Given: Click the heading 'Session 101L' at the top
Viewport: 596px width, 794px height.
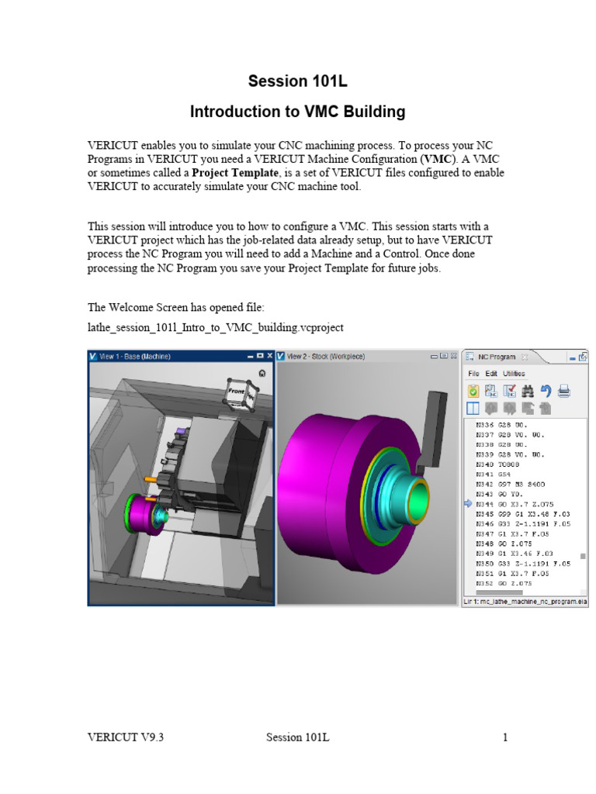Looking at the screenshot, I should click(297, 81).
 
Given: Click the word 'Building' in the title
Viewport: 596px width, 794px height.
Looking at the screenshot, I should click(369, 112).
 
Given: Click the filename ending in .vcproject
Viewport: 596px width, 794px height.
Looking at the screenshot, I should click(216, 328).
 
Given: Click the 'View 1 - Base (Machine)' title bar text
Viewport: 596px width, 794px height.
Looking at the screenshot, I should click(135, 357).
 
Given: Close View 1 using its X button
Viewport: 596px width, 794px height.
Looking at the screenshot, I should click(269, 356).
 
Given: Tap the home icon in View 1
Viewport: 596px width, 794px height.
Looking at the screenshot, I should click(263, 373).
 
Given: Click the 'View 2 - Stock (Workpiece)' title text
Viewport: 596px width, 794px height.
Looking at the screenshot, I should click(326, 357).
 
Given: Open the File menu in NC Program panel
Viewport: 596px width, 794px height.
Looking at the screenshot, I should click(473, 374).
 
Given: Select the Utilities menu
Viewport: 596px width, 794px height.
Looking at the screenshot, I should click(514, 374).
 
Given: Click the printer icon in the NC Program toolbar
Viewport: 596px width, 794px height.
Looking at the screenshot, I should click(564, 391).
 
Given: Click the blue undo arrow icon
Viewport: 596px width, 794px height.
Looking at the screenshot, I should click(546, 391).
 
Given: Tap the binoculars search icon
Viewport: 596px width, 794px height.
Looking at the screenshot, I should click(528, 391).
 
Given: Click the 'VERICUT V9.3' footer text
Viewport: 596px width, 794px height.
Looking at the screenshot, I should click(125, 737).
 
